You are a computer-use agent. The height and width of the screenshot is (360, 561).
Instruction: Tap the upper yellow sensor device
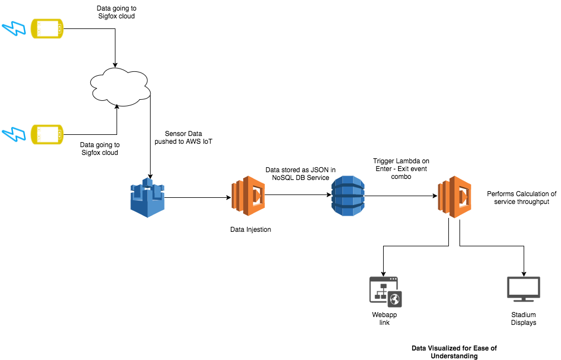click(x=47, y=28)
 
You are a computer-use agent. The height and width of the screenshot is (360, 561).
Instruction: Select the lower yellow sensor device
click(x=47, y=134)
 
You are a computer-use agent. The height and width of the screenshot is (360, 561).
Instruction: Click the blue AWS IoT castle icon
click(x=148, y=196)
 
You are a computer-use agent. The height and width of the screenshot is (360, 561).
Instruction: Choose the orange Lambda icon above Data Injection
click(x=248, y=196)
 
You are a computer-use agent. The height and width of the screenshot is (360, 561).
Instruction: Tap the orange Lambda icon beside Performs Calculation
click(x=454, y=196)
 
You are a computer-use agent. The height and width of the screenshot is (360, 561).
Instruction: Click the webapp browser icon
click(x=385, y=291)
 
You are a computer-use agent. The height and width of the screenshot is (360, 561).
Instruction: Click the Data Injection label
click(x=250, y=230)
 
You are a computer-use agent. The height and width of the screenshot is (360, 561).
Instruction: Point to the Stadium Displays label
click(x=523, y=318)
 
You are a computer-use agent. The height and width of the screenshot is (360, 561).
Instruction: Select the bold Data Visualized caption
click(x=454, y=352)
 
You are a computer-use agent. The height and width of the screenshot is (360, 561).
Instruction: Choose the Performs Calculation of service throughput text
click(x=521, y=198)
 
